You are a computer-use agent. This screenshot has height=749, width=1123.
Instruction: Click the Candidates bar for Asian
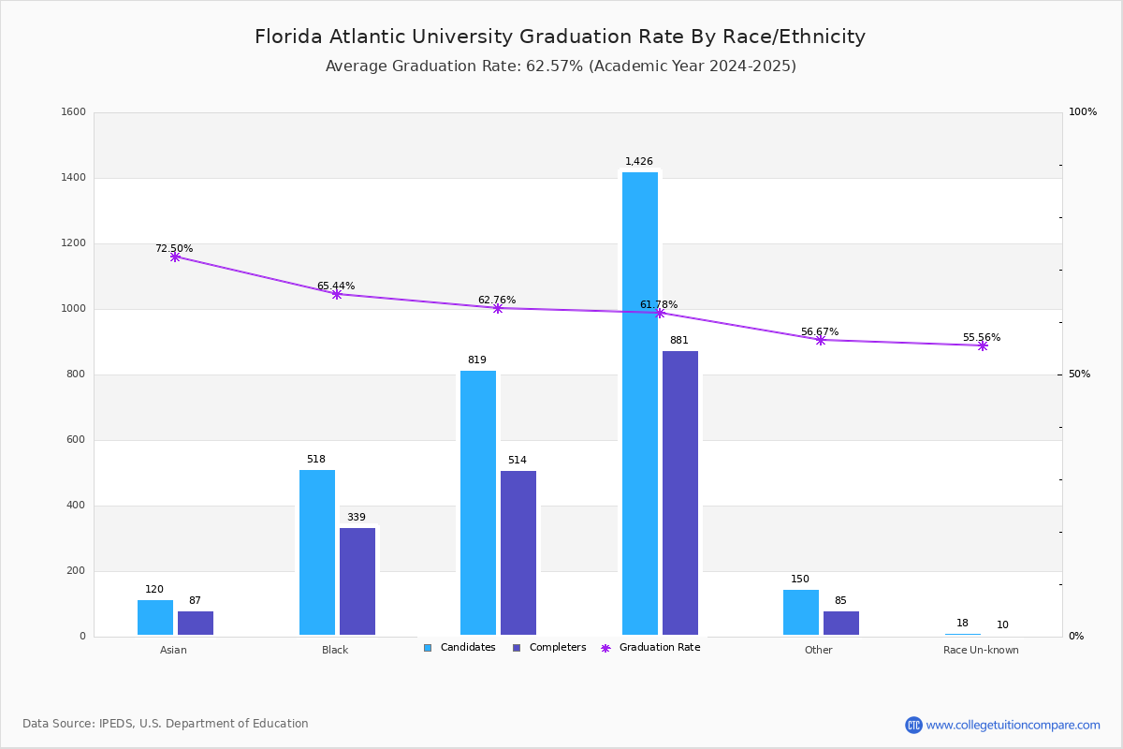[155, 617]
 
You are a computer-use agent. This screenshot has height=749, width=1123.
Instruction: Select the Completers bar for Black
[357, 581]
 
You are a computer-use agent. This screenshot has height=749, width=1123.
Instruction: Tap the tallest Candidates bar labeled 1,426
[640, 404]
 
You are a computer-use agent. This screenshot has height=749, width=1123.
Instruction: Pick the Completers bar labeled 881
[680, 492]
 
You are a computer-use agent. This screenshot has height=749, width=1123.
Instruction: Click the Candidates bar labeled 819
[478, 503]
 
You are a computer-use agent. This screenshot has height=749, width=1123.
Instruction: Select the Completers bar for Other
[841, 623]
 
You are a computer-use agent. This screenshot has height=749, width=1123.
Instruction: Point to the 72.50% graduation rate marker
[175, 257]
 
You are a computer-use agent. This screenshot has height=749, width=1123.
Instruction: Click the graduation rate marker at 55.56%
[983, 345]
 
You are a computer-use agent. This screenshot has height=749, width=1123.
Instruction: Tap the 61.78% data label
[659, 305]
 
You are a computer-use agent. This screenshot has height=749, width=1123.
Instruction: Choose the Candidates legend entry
[460, 648]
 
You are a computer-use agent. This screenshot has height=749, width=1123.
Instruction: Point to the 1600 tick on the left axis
[73, 112]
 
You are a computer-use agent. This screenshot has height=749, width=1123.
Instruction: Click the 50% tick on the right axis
[1080, 374]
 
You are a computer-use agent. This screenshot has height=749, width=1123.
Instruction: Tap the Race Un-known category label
[981, 650]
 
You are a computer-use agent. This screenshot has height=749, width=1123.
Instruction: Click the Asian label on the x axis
[173, 650]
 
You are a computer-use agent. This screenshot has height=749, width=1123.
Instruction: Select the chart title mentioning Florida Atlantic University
[560, 37]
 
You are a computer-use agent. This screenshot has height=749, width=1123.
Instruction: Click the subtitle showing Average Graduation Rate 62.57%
[560, 66]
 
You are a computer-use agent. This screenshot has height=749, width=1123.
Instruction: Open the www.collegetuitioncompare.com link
[1013, 725]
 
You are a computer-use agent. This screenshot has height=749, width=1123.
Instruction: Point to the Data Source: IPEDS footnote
[166, 724]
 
